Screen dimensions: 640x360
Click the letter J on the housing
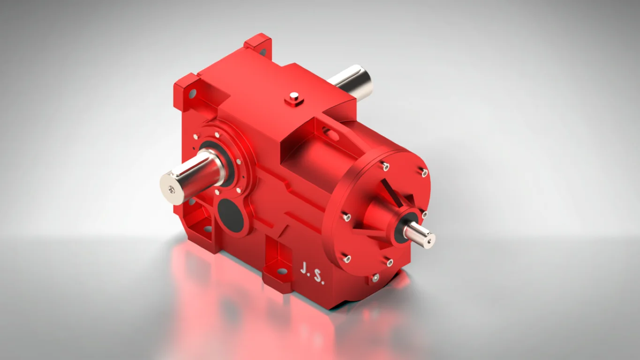[304, 268]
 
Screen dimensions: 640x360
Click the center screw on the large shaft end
[172, 189]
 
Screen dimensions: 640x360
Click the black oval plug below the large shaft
[230, 215]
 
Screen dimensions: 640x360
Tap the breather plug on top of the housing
[294, 98]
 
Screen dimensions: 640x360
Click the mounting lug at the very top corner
[258, 44]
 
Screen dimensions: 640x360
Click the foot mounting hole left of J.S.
[282, 271]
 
